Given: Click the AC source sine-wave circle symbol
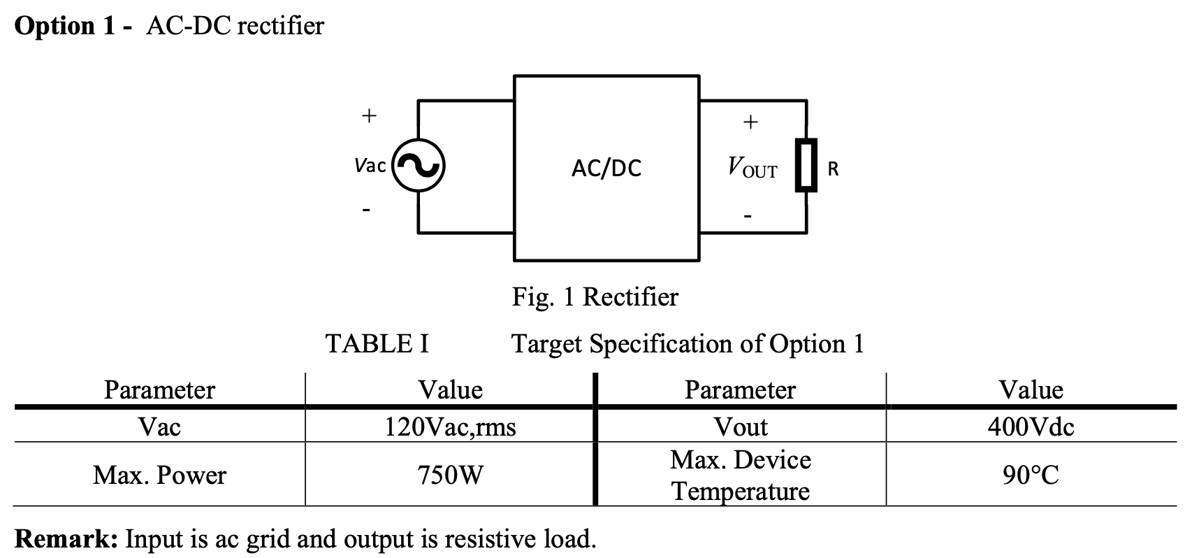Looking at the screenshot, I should [x=418, y=166].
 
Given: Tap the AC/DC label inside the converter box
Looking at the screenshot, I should [x=606, y=169].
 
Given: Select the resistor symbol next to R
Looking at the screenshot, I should [x=806, y=166].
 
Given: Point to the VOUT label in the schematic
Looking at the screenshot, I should [x=752, y=168].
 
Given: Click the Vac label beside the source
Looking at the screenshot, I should [x=370, y=166].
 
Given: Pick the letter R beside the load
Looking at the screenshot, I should [x=832, y=169].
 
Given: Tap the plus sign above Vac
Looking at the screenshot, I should [x=368, y=115].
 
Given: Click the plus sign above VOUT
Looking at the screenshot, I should [x=750, y=122].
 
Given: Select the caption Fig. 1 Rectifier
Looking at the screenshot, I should [x=595, y=297].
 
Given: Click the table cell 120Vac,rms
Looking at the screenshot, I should [x=450, y=426].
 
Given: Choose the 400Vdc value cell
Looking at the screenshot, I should [x=1031, y=426].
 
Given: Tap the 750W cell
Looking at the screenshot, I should [x=450, y=475].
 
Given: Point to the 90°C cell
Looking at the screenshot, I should [x=1031, y=475].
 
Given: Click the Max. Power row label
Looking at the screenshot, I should [x=159, y=475].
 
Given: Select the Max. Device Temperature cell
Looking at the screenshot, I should [x=740, y=475].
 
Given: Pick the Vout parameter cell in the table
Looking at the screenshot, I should [x=740, y=426].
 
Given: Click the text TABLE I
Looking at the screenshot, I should [x=377, y=344].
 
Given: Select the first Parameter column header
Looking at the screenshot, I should [x=159, y=389].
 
